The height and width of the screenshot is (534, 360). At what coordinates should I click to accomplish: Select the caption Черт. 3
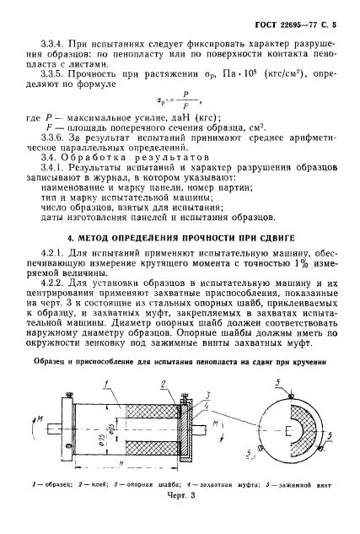180,519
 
